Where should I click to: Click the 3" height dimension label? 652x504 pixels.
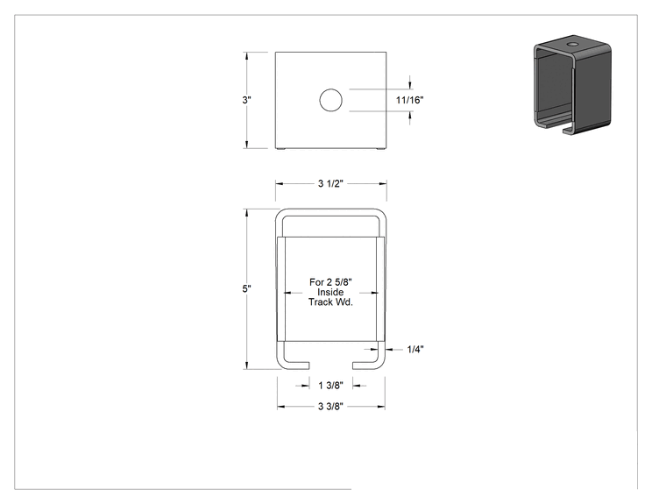pos(246,100)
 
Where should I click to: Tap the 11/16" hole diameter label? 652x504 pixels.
pos(409,100)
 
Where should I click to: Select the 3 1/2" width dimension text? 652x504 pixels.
pos(330,183)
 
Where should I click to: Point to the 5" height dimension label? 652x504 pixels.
pos(246,288)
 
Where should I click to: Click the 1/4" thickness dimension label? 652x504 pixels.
pos(415,350)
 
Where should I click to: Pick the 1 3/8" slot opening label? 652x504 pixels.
pos(330,386)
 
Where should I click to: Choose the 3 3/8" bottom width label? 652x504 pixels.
pos(330,407)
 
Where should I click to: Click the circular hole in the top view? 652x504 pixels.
pos(331,100)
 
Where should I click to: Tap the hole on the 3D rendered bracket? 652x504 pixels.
pos(573,43)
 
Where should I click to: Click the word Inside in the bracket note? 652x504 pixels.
pos(330,293)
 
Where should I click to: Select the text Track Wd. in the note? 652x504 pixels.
pos(330,302)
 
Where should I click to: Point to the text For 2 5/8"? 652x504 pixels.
pos(330,282)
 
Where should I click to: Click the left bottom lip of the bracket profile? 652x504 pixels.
pos(296,366)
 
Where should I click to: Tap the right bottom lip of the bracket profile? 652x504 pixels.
pos(366,366)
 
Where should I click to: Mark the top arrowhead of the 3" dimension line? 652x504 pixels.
pos(246,56)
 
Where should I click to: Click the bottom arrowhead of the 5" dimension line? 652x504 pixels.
pos(246,366)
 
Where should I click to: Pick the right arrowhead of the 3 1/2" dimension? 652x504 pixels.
pos(383,183)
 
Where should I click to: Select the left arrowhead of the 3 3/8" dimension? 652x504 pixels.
pos(281,407)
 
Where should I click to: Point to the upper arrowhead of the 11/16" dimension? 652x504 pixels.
pos(410,85)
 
